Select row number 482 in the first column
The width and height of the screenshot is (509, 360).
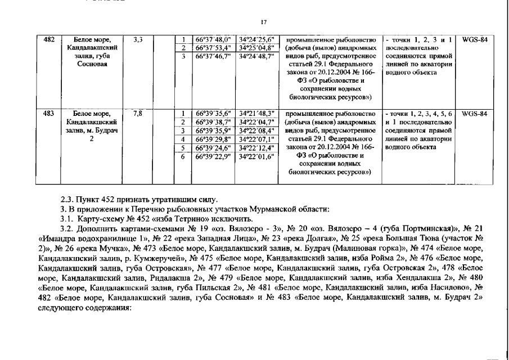click(x=49, y=40)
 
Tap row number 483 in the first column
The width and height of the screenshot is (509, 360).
click(x=49, y=113)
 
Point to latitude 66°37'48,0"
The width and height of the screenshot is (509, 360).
click(x=213, y=40)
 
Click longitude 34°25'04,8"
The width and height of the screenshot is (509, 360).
click(x=256, y=48)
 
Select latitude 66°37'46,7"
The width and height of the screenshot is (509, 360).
click(x=213, y=57)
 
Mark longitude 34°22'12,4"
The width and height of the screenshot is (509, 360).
click(x=256, y=148)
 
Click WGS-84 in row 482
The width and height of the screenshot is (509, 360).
click(x=474, y=40)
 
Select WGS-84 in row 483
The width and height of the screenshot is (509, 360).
click(x=474, y=113)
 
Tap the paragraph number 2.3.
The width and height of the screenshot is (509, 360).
click(x=67, y=200)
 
